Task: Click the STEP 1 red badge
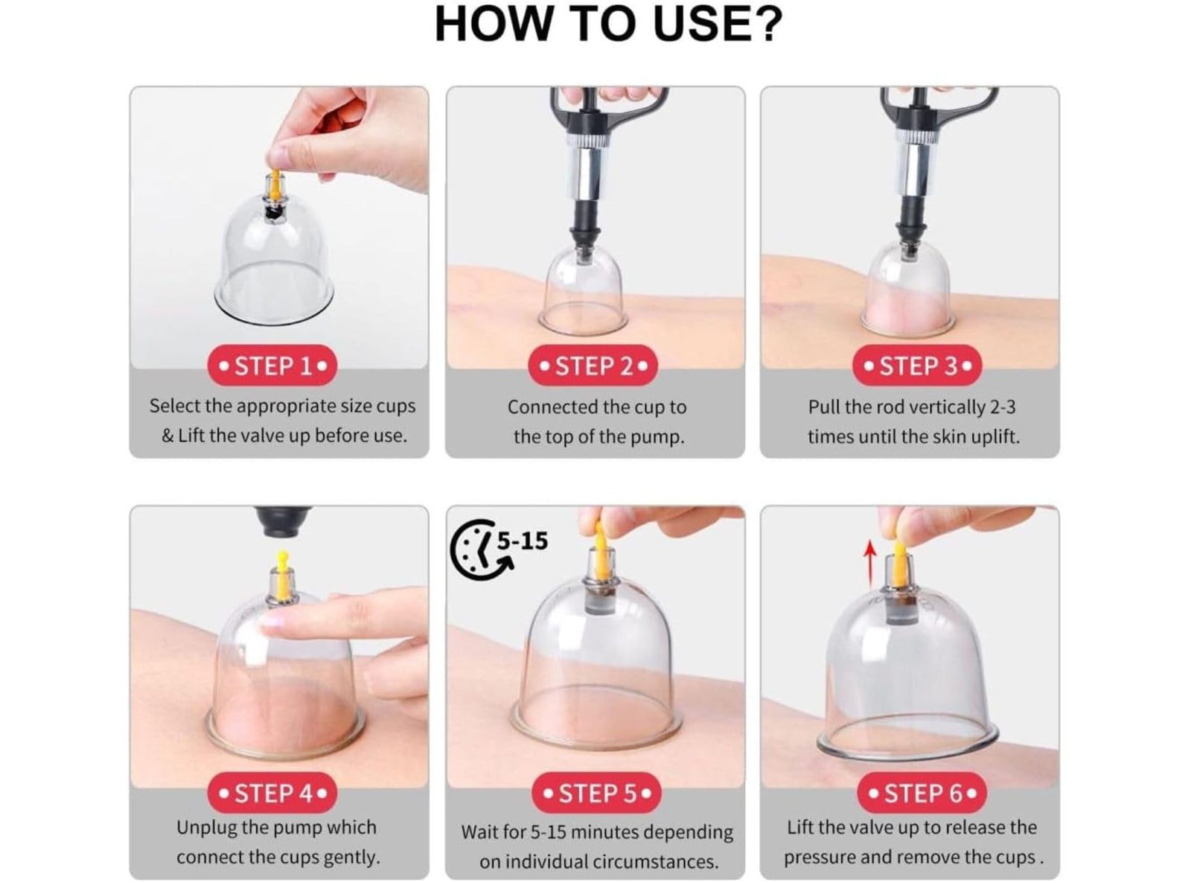point(272,366)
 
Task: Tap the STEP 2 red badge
point(593,366)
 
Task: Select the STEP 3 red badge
point(917,366)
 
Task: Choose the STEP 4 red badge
point(272,793)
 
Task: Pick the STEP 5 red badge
point(596,793)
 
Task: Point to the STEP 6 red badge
point(922,793)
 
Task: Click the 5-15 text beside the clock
point(523,541)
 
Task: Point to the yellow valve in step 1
point(275,183)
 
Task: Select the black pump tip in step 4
point(283,521)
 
